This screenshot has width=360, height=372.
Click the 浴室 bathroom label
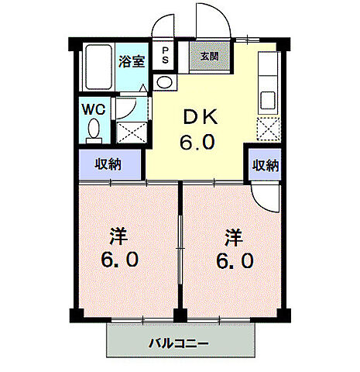click(131, 61)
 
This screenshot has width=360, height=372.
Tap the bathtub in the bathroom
click(97, 67)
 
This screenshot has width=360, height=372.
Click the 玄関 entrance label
click(208, 57)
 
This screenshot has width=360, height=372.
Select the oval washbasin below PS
click(163, 82)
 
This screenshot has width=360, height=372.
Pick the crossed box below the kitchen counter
click(268, 129)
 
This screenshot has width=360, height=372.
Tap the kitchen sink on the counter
click(268, 100)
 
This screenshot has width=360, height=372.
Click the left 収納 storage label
click(109, 164)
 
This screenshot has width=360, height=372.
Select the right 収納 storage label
click(265, 164)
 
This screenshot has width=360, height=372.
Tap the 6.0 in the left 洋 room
click(121, 260)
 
